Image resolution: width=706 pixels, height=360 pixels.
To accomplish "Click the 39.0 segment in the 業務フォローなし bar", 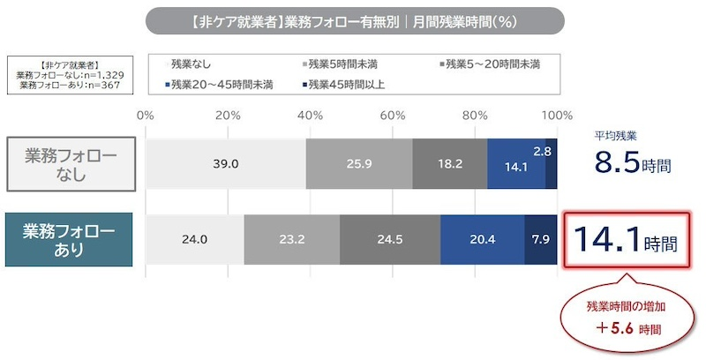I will [226, 163].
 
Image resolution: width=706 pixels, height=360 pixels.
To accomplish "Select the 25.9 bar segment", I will [359, 163].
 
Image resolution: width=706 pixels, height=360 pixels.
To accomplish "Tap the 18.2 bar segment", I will [450, 163].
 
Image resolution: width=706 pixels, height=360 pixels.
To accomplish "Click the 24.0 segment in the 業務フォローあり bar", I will [194, 239].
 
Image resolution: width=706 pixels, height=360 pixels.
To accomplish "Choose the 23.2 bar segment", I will [292, 239].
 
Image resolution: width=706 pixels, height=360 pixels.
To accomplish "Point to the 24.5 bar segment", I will [390, 239].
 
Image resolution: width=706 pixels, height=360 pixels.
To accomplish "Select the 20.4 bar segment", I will [483, 239].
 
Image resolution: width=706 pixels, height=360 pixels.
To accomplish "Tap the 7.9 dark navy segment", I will [541, 239].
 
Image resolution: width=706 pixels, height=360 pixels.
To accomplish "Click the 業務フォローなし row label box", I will [71, 163].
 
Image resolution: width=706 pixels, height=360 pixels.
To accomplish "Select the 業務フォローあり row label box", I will [71, 239].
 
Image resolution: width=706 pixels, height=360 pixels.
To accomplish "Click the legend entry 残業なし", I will [190, 64].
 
